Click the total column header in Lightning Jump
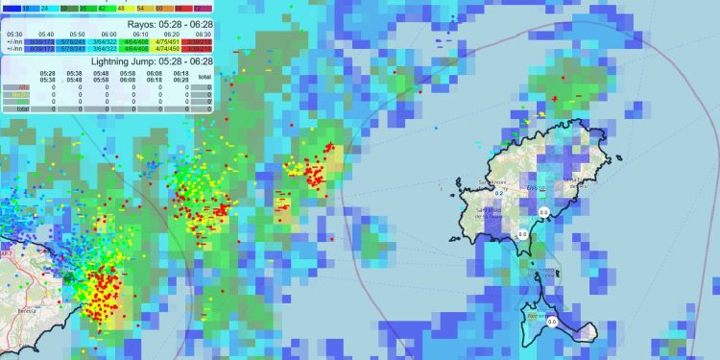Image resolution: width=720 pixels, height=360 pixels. pos(204,75)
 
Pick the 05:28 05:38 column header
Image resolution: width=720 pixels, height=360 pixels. pos(47,75)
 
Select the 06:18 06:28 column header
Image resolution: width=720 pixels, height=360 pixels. pos(180,75)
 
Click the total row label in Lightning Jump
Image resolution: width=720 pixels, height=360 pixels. pos(21,108)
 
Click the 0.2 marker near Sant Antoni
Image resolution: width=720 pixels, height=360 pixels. pos(499,192)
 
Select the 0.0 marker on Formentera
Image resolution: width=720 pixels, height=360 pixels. pos(552,324)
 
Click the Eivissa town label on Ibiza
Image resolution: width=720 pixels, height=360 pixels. pos(535,189)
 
